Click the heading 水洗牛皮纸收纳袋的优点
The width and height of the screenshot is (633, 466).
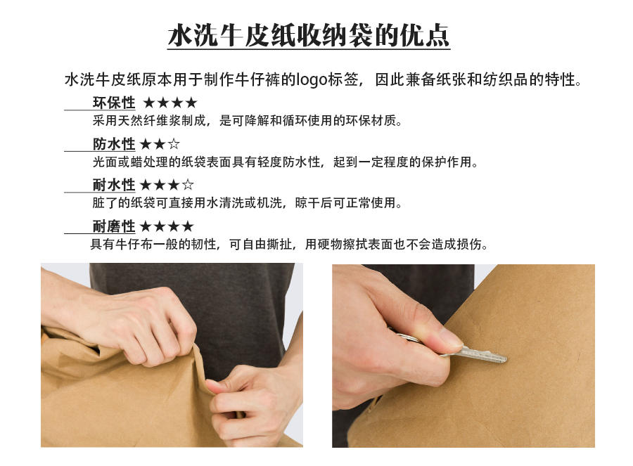(x=309, y=36)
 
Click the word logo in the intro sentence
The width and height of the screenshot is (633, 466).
(x=312, y=79)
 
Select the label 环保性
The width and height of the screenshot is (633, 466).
(x=114, y=103)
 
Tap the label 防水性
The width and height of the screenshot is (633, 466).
(x=114, y=144)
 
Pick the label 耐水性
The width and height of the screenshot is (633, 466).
(x=114, y=185)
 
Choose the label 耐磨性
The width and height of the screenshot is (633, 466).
(x=114, y=226)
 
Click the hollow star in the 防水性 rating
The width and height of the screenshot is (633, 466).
(x=174, y=143)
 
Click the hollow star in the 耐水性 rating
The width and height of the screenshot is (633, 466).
(x=188, y=185)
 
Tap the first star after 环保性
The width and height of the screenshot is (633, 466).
(x=149, y=103)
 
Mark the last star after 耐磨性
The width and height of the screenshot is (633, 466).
(x=188, y=226)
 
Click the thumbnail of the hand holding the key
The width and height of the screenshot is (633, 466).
(x=463, y=356)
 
